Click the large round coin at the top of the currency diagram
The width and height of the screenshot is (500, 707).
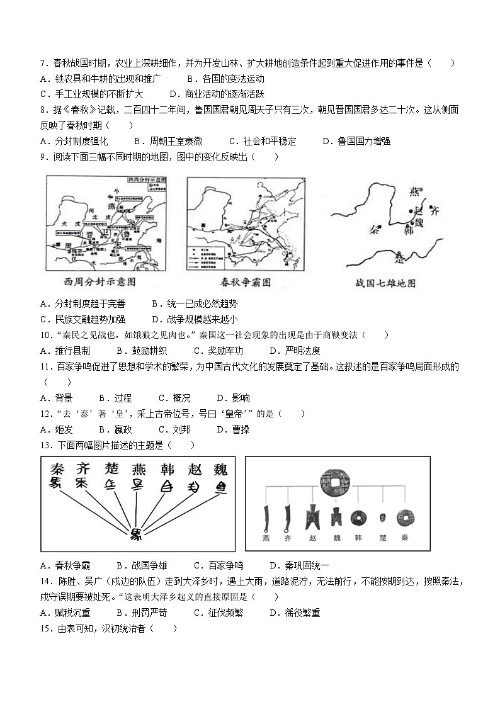click(334, 482)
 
